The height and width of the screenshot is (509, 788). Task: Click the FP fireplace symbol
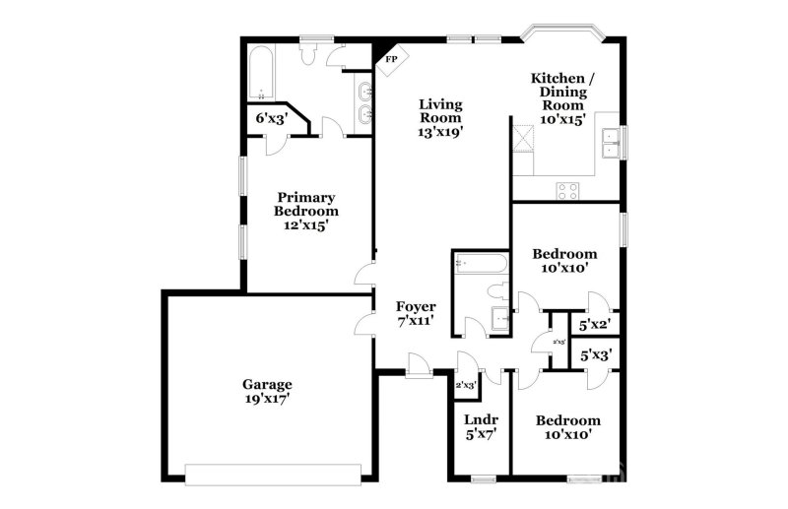392,58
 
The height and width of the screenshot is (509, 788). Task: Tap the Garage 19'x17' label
267,392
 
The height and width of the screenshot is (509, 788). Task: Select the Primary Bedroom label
306,210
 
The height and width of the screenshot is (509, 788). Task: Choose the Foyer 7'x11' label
416,314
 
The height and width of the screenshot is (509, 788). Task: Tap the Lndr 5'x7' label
480,427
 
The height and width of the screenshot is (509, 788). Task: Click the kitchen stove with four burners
567,189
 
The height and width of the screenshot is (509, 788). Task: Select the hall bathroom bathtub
481,263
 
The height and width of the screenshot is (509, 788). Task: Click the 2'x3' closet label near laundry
465,385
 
